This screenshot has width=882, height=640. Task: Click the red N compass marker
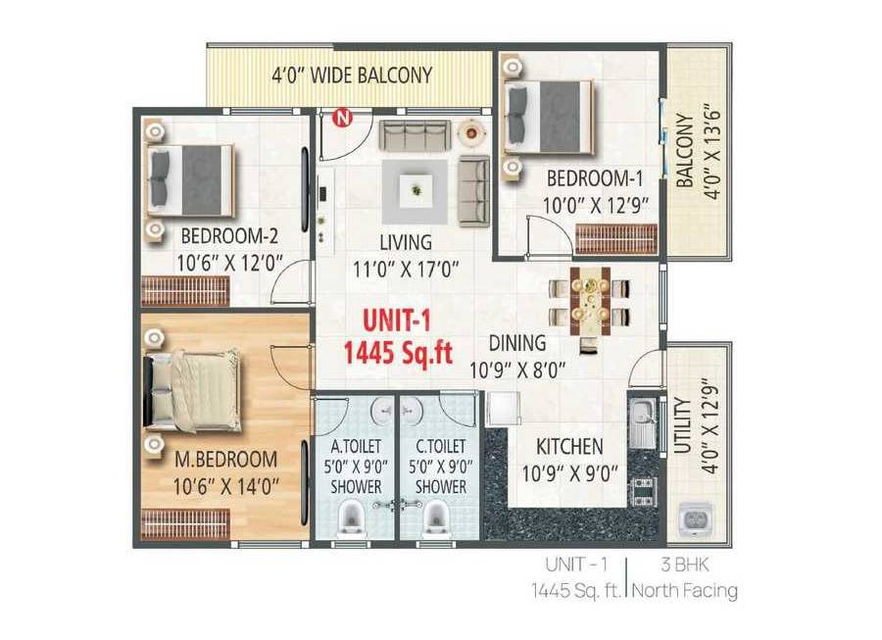341,119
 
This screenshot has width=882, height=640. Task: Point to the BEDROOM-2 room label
229,236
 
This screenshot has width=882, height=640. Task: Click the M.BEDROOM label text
225,459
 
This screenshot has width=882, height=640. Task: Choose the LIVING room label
406,242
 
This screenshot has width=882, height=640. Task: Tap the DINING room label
518,344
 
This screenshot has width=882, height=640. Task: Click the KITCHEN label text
569,447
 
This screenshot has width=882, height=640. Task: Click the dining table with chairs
589,299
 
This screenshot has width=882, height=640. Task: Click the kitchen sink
641,420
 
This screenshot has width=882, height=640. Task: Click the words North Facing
684,591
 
